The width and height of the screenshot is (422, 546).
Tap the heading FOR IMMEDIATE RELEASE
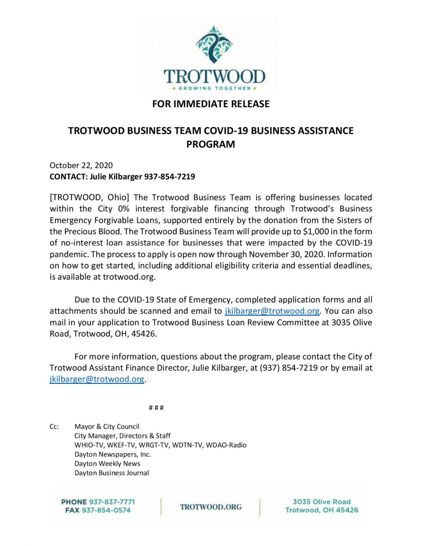coord(211,104)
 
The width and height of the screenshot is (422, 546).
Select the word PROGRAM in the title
coord(210,144)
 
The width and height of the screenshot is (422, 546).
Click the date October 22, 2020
coord(81,165)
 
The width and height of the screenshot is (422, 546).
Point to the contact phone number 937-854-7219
coord(170,176)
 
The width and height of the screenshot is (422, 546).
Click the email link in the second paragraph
coord(272,311)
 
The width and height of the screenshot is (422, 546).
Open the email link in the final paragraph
coord(97,379)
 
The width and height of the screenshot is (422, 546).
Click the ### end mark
coord(156,408)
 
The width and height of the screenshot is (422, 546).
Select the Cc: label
coord(54,427)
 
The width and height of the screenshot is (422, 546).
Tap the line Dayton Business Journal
coord(112,473)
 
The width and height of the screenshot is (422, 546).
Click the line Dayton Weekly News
coord(107,464)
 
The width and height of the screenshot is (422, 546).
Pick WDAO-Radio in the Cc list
coord(226,445)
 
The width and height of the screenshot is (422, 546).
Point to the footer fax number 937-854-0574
coord(106,510)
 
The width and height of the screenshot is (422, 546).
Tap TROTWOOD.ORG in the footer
coord(211,507)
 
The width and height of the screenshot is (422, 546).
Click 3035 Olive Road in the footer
coord(321,502)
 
